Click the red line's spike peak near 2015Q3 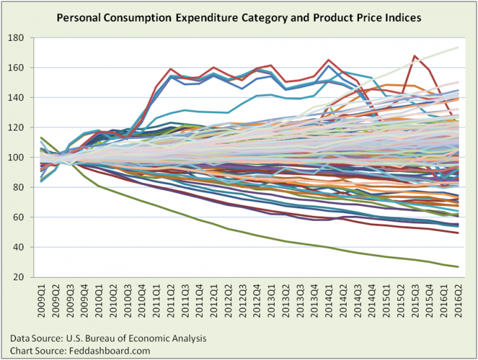click(414, 56)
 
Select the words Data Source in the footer click(35, 338)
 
